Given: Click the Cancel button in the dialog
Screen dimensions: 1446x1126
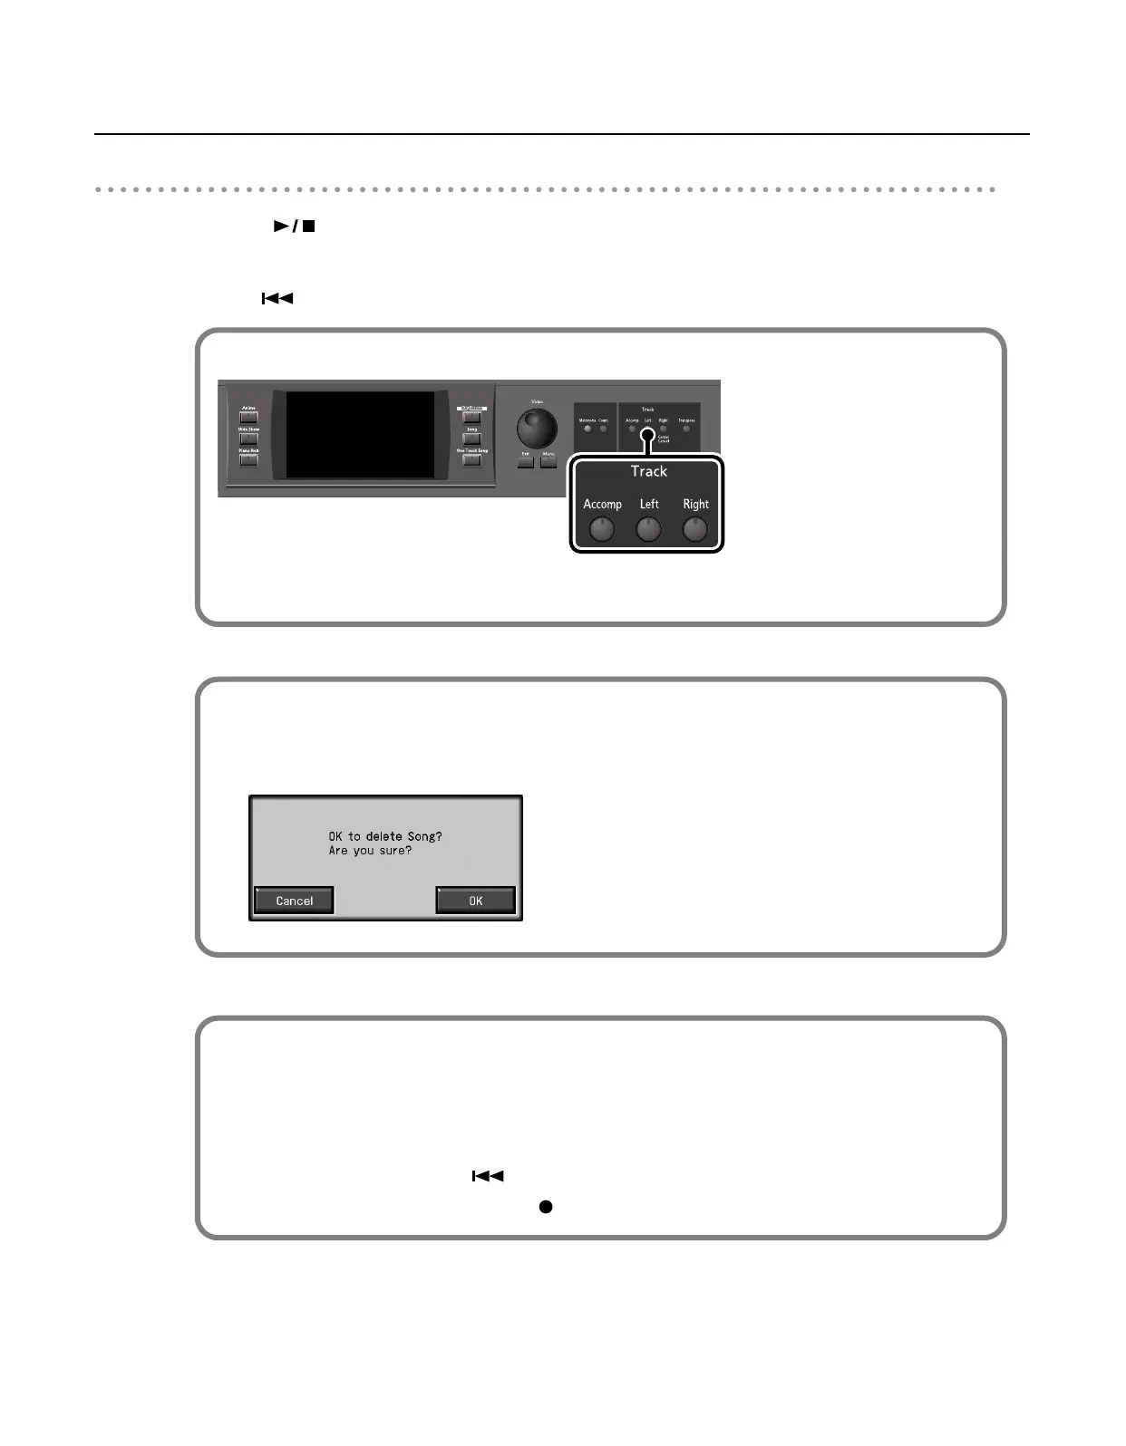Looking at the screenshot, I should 294,901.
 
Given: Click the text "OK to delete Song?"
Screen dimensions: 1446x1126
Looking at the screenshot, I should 385,836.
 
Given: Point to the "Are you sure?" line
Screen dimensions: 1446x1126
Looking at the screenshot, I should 370,851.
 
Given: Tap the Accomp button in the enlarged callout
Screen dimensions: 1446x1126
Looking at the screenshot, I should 602,528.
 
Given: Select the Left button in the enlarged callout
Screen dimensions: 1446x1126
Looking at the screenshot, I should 648,528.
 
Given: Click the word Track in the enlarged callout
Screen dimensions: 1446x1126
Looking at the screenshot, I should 649,471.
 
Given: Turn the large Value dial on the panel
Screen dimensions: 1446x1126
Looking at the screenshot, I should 537,428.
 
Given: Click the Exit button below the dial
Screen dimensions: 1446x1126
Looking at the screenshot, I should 526,462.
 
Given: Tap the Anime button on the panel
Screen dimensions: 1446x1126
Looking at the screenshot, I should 248,418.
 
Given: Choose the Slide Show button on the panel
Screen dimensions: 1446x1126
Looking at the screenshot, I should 248,439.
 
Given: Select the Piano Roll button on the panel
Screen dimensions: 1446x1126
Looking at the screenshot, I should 248,459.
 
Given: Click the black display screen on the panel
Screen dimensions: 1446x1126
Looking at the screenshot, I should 361,435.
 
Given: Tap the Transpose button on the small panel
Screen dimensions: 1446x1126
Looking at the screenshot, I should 686,429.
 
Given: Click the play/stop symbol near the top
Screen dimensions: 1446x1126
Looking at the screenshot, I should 295,226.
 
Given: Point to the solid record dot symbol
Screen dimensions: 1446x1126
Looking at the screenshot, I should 546,1207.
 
